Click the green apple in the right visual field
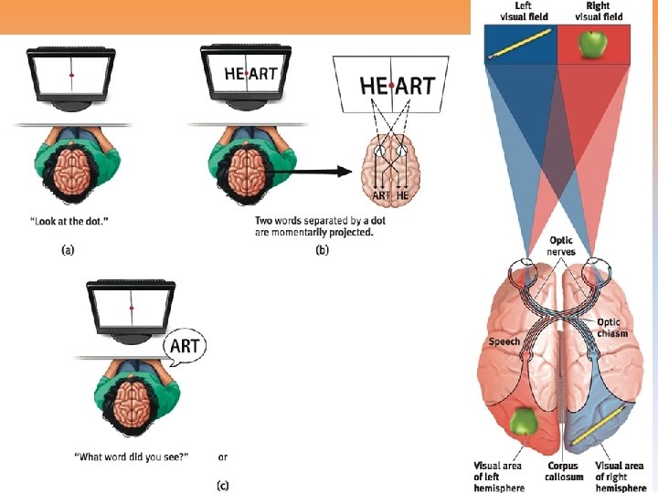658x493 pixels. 593,42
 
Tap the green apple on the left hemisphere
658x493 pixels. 524,422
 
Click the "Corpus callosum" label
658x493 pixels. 564,471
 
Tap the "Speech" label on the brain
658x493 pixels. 504,341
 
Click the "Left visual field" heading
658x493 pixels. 523,12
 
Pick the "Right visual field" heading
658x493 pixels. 599,12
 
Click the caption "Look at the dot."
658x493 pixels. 69,220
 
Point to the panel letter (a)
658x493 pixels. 68,250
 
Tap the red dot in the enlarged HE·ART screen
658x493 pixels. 391,87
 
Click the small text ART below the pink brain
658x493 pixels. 380,196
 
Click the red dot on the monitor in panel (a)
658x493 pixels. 71,74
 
